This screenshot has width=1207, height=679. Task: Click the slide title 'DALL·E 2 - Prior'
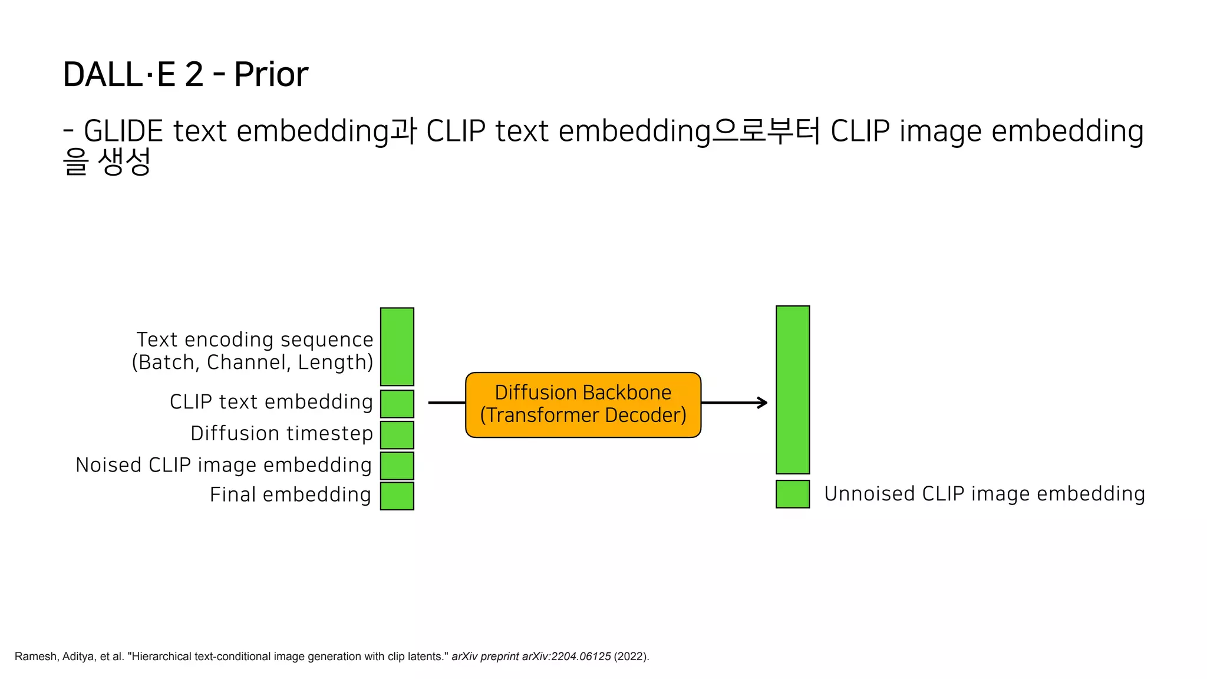(x=185, y=74)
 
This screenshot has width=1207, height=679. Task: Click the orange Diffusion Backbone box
(x=583, y=404)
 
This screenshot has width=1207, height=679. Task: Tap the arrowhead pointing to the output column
(x=763, y=403)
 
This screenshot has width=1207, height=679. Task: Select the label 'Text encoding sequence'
(x=255, y=339)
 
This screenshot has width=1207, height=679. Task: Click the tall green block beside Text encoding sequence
(x=397, y=347)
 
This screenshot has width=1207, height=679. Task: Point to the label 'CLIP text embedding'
(x=271, y=402)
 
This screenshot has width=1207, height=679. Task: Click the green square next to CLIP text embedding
(x=397, y=404)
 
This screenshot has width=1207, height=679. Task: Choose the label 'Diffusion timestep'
(x=281, y=433)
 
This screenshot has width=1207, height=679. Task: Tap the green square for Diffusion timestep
(x=397, y=435)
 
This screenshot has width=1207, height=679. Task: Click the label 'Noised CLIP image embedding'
(x=223, y=465)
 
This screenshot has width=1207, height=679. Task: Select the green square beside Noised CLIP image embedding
(x=397, y=466)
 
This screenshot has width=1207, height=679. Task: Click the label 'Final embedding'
(x=290, y=495)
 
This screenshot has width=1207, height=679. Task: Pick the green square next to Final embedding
(x=397, y=496)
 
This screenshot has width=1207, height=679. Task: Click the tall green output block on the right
(x=792, y=389)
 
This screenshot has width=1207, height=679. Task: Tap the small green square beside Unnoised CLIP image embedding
(x=792, y=494)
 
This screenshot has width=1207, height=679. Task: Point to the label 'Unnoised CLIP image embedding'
(x=984, y=494)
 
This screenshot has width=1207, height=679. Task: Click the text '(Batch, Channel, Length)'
(x=252, y=362)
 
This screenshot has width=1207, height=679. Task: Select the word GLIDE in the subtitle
(x=123, y=131)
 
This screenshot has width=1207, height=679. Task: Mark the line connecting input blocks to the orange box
(x=447, y=403)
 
